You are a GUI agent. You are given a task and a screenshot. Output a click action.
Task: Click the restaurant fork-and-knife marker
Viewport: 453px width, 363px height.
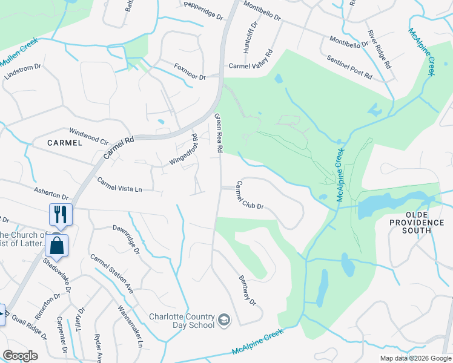[x=61, y=214]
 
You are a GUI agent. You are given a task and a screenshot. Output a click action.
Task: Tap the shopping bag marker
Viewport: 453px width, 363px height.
[x=56, y=246]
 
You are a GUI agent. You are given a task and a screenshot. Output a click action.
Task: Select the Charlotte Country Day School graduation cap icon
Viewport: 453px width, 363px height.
[x=223, y=319]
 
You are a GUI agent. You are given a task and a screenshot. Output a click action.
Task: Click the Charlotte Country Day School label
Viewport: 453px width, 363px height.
[x=182, y=321]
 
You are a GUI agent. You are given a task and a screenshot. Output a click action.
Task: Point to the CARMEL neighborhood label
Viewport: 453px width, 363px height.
[x=64, y=143]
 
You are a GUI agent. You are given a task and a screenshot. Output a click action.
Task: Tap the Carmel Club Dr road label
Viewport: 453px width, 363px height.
[x=250, y=195]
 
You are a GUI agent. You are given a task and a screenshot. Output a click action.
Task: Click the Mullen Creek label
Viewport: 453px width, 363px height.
[x=19, y=53]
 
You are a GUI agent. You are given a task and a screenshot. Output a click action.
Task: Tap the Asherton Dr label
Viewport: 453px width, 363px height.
[x=51, y=194]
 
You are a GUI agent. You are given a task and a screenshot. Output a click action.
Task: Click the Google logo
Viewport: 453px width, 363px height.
[x=20, y=356]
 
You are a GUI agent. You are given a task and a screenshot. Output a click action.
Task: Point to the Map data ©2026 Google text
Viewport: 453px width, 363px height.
[x=415, y=358]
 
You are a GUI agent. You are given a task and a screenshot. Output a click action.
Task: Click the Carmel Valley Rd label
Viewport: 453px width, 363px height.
[x=251, y=66]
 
